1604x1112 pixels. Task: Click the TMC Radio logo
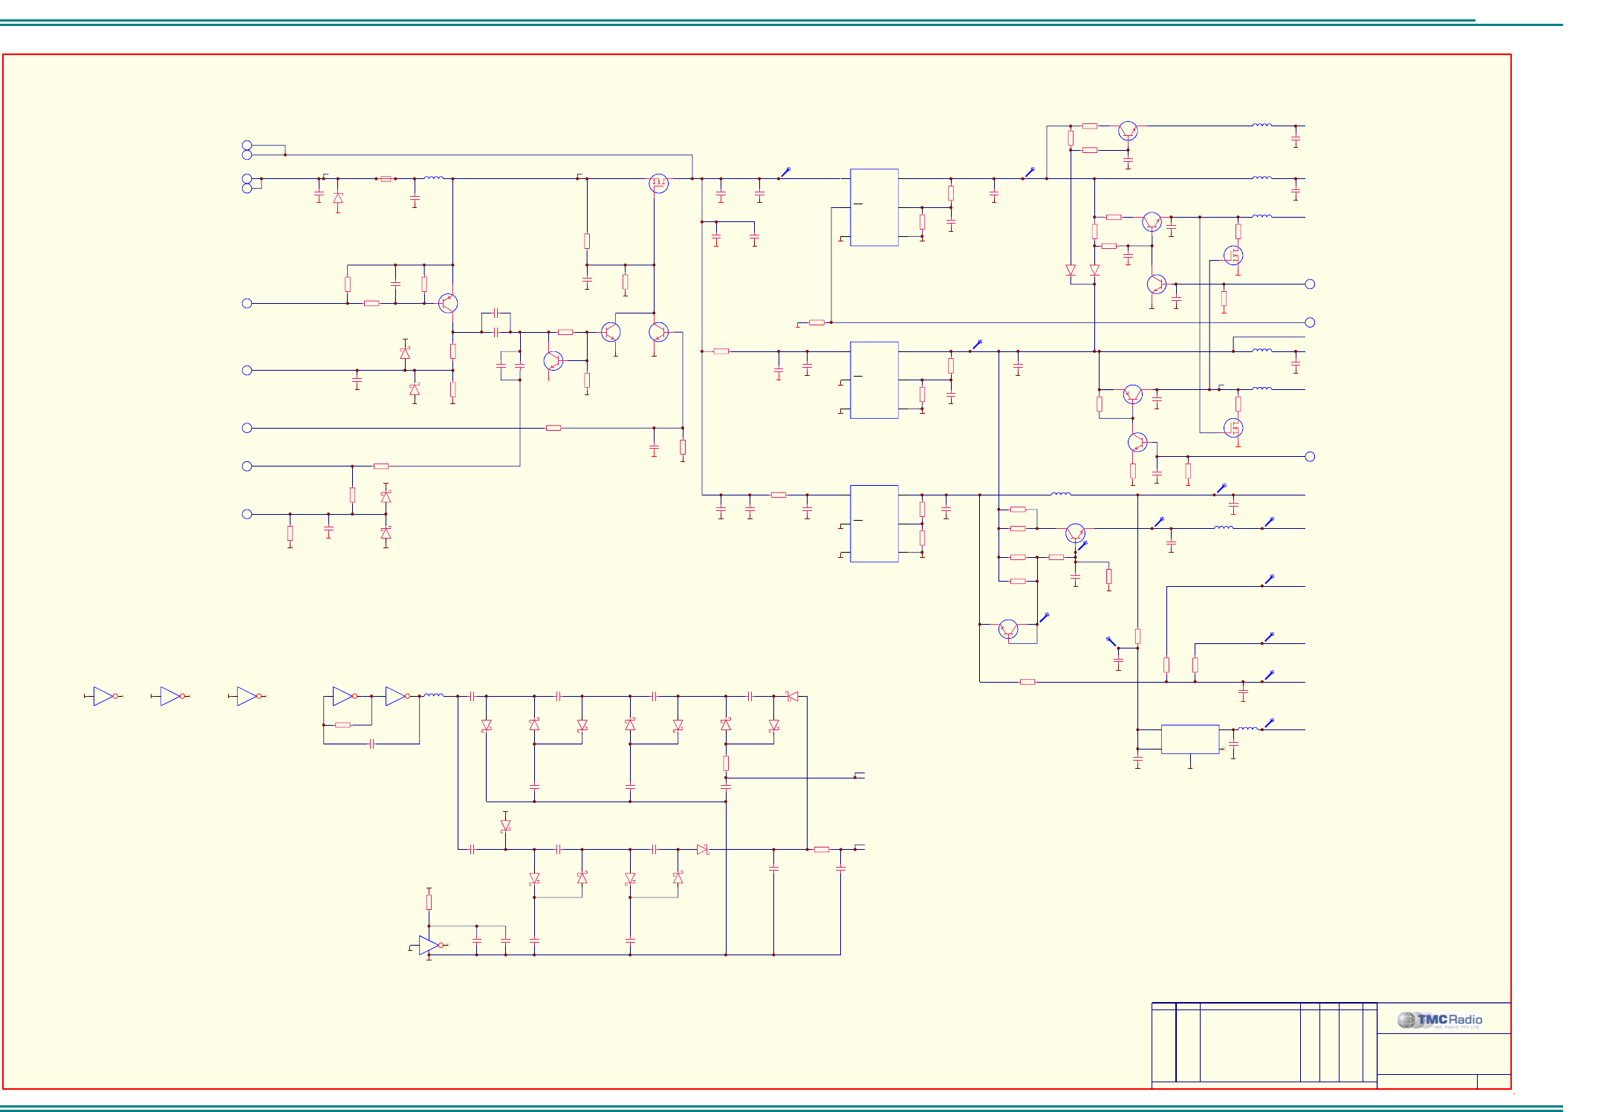click(1439, 1020)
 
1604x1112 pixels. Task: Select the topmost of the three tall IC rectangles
click(874, 207)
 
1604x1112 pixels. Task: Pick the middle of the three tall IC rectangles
click(874, 380)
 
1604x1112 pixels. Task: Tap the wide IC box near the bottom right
click(1189, 739)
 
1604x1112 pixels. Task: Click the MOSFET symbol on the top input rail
click(658, 182)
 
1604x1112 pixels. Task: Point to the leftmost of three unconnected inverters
click(104, 696)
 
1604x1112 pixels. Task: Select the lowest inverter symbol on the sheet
click(429, 945)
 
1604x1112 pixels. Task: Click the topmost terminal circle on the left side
click(247, 145)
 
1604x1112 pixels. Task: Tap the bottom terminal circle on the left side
click(247, 513)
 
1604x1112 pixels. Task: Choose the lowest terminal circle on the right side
click(1310, 456)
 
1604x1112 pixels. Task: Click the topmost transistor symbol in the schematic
click(1127, 131)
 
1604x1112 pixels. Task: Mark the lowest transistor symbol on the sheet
click(1008, 628)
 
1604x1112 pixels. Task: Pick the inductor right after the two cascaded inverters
click(433, 695)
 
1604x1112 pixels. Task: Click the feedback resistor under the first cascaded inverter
click(342, 724)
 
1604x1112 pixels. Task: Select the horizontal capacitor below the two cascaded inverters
click(371, 744)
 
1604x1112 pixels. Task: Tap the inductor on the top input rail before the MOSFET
click(433, 178)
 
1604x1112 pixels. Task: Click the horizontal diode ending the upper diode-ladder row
click(792, 696)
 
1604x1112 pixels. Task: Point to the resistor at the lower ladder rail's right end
click(821, 849)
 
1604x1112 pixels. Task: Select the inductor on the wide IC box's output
click(1247, 729)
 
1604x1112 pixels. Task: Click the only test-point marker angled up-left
click(1111, 640)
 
